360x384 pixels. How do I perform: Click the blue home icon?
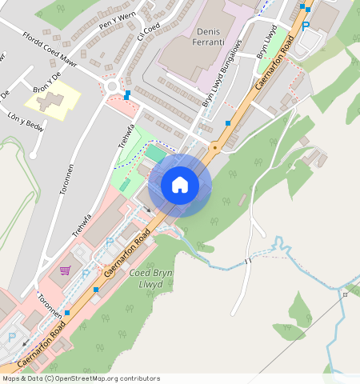[180, 185]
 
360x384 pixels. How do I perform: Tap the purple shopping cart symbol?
[65, 270]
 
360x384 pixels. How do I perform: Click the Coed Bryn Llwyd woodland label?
[150, 279]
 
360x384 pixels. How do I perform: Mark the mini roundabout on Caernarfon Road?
[214, 149]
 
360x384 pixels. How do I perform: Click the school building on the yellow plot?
[50, 102]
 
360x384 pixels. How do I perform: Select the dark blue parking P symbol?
[306, 26]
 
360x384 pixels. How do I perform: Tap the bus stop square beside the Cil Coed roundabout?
[127, 94]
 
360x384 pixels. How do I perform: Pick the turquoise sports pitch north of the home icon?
[154, 151]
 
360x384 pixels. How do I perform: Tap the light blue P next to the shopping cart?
[86, 274]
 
